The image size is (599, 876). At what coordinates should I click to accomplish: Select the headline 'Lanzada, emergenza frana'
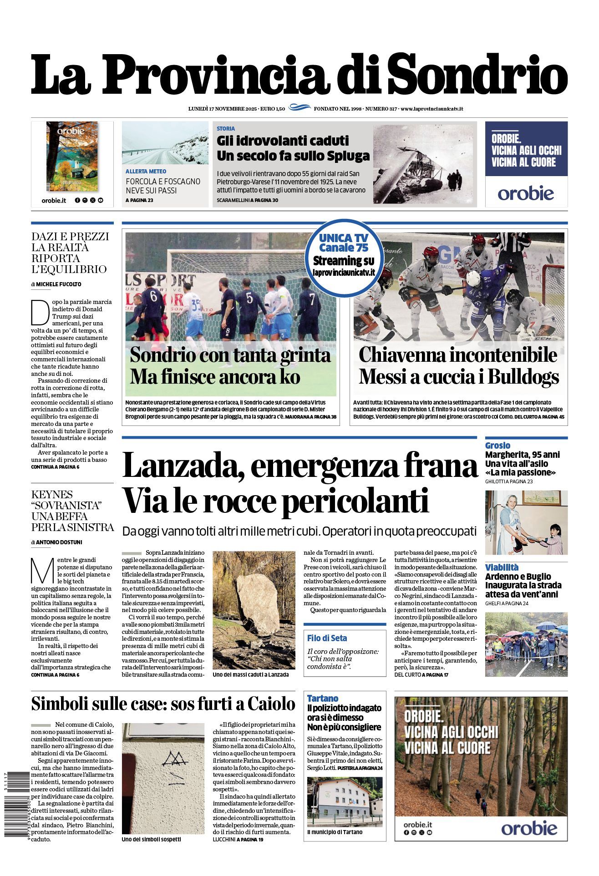pos(299,465)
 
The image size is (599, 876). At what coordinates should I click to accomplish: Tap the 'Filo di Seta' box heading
pos(327,638)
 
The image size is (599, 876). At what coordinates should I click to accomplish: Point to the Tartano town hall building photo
pos(345,801)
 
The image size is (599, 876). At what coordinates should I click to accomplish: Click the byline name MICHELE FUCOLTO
pos(59,284)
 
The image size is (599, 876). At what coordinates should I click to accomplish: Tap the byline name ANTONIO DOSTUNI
pos(59,542)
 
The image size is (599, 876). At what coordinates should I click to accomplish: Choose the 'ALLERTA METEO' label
pos(146,172)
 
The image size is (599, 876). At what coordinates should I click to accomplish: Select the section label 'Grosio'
pos(497,446)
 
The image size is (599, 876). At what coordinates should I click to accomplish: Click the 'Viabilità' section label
pos(502,567)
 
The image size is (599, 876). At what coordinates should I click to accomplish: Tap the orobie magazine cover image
pos(72,156)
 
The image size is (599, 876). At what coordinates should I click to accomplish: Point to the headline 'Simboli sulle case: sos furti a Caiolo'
pos(163,704)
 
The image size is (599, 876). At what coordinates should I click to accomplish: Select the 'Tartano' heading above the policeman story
pos(322,698)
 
